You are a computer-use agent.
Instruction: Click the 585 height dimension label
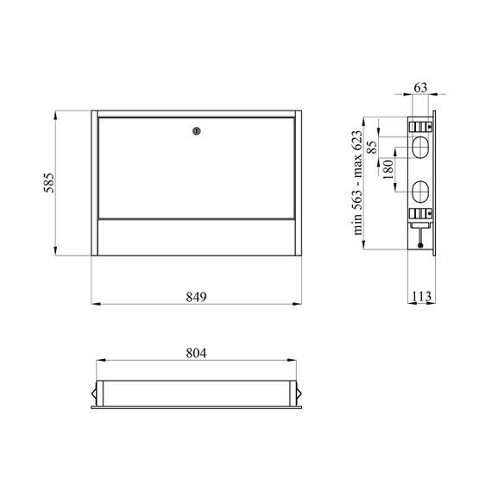pyautogui.click(x=49, y=183)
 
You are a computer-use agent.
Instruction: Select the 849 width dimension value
pyautogui.click(x=196, y=297)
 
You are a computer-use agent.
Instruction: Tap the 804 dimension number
pyautogui.click(x=196, y=353)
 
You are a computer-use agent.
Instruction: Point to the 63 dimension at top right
pyautogui.click(x=420, y=87)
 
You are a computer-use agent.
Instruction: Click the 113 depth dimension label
pyautogui.click(x=421, y=296)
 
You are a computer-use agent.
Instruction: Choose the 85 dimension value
pyautogui.click(x=372, y=147)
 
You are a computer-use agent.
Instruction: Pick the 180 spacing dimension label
pyautogui.click(x=388, y=169)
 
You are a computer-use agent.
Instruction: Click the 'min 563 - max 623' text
pyautogui.click(x=357, y=183)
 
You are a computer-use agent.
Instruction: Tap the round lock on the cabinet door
pyautogui.click(x=197, y=131)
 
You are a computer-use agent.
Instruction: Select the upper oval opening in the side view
pyautogui.click(x=420, y=147)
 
